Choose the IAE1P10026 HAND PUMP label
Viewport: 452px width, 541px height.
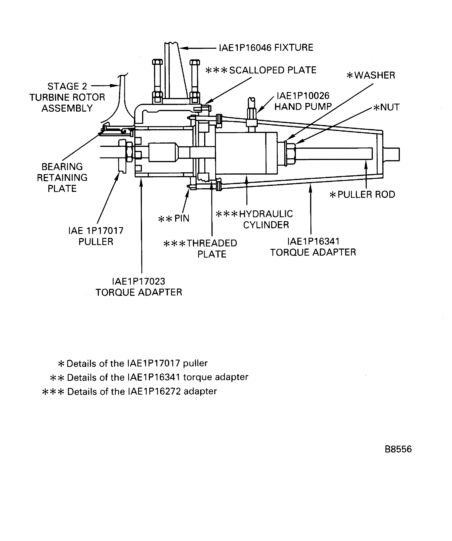pos(303,101)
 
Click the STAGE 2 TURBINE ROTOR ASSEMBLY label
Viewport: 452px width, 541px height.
pos(67,97)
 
